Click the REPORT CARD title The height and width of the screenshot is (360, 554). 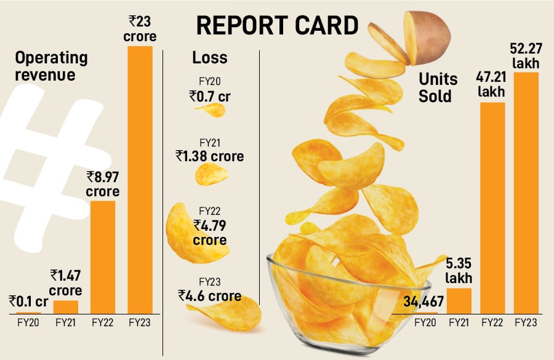coord(277,25)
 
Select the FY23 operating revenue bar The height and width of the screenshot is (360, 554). coord(140,178)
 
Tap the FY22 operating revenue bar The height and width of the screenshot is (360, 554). coord(103,256)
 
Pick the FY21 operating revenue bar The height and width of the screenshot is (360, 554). coord(66,306)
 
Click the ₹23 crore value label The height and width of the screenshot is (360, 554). coord(140,29)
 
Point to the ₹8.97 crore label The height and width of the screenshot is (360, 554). coord(103,184)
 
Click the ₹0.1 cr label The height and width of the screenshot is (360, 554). coord(29,302)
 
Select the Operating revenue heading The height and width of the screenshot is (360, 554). coord(51,66)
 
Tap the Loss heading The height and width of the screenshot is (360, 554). coord(210,58)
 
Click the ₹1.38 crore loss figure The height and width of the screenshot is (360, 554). coord(209,156)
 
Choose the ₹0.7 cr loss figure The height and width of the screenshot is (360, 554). coord(210,96)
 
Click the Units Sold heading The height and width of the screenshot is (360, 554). coord(438,87)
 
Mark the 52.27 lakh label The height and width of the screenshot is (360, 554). coord(526,56)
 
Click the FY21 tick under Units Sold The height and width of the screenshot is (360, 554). coord(459,322)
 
